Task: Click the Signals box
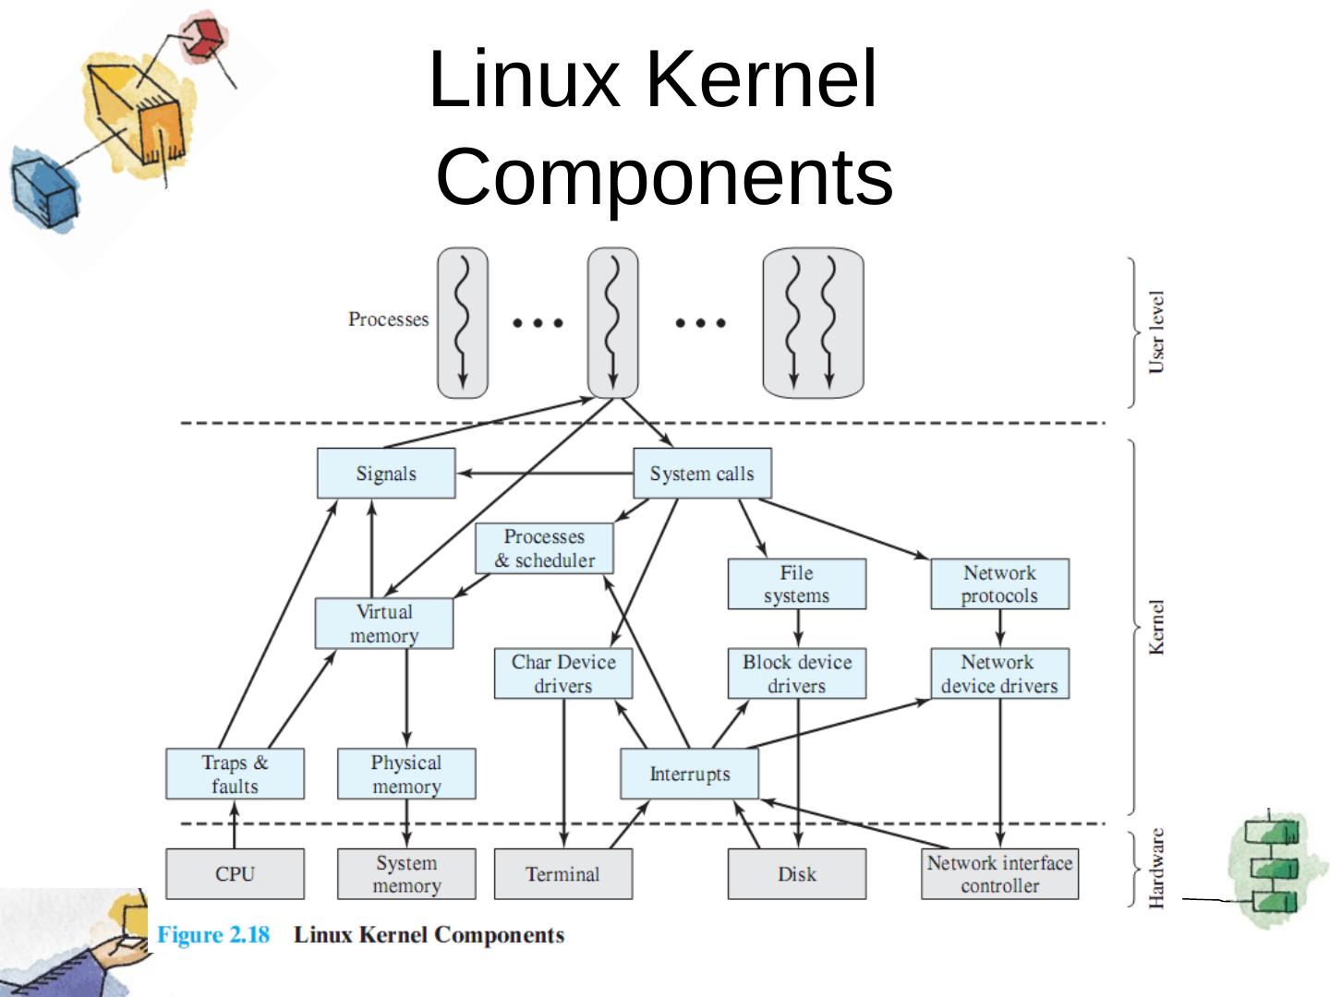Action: [386, 474]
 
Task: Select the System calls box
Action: [702, 474]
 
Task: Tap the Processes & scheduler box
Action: [544, 548]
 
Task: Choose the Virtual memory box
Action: [384, 624]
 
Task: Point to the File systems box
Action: [797, 584]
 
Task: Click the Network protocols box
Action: [999, 584]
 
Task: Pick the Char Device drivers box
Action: [563, 674]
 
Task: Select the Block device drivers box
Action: [797, 674]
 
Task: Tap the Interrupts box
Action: [689, 774]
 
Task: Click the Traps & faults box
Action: [235, 774]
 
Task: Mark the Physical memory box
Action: [406, 774]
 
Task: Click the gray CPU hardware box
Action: [235, 874]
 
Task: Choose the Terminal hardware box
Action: [563, 874]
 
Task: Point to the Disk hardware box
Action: [797, 874]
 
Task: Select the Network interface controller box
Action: [999, 874]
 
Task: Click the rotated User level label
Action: [1156, 332]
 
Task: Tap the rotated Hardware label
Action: [1156, 868]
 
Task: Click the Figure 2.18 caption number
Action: [213, 935]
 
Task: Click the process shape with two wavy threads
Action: [813, 323]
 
